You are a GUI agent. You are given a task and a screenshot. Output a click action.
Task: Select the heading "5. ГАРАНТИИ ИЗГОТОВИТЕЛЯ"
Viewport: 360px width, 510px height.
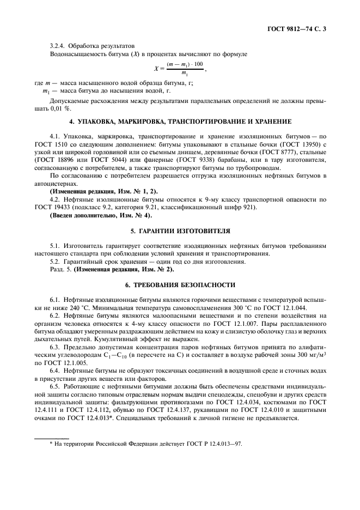click(x=180, y=230)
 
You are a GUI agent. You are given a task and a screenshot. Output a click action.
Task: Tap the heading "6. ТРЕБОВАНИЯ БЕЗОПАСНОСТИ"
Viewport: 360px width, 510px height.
click(x=180, y=284)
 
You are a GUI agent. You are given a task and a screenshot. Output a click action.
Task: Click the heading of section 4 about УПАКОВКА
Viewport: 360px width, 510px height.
click(x=180, y=120)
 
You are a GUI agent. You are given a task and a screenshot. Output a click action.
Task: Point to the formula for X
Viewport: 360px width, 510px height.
click(x=180, y=69)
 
